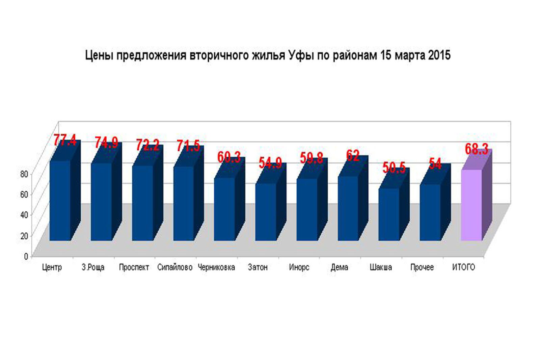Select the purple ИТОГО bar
(471, 205)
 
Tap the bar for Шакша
(389, 214)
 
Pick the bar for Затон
(266, 212)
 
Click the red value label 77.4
(65, 140)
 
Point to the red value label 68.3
(477, 149)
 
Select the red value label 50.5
(394, 168)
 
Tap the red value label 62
(353, 155)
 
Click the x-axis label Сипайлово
(175, 267)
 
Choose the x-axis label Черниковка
(216, 267)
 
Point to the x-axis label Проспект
(134, 267)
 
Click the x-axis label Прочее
(422, 267)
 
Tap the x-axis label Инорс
(299, 267)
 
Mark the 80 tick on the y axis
(24, 174)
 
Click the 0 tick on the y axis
(26, 256)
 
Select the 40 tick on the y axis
(24, 215)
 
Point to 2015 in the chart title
(439, 55)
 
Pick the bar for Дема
(348, 208)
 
